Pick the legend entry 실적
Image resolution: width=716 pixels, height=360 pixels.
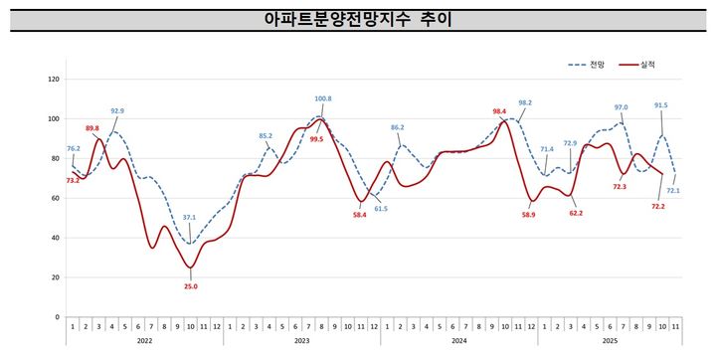tap(645, 65)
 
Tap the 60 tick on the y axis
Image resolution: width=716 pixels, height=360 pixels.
tap(56, 198)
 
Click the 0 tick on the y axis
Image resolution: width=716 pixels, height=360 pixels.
tap(59, 317)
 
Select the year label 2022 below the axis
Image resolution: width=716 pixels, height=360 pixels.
tap(144, 339)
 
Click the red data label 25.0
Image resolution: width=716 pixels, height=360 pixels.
tap(191, 286)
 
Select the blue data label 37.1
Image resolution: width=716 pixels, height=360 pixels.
tap(189, 218)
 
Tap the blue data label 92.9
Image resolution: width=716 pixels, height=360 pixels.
tap(117, 111)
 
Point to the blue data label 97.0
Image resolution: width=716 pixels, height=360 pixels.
tap(621, 107)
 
